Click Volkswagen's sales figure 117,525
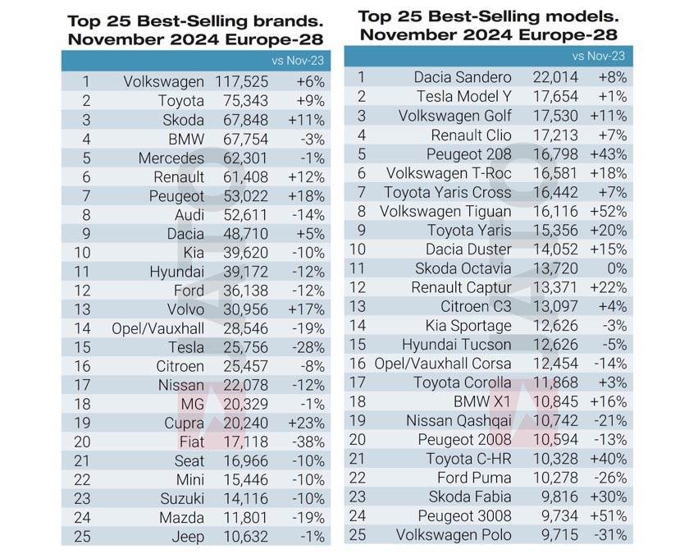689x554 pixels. tap(242, 81)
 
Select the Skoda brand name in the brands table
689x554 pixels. tap(181, 120)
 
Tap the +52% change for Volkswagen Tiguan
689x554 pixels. tap(609, 211)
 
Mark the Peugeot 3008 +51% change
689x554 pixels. tap(609, 516)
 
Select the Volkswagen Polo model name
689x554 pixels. tap(453, 535)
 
